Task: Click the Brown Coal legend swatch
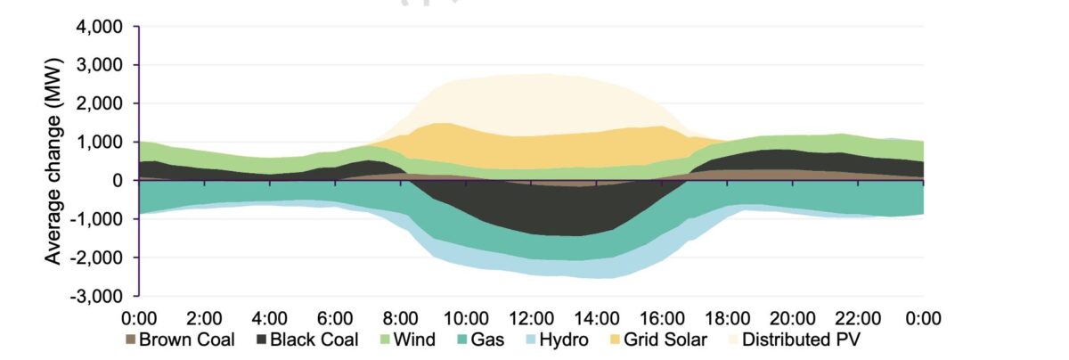pyautogui.click(x=130, y=340)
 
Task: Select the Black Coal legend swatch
pyautogui.click(x=262, y=340)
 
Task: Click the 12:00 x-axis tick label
pyautogui.click(x=531, y=317)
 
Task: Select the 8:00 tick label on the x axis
pyautogui.click(x=400, y=317)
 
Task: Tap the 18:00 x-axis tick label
pyautogui.click(x=727, y=317)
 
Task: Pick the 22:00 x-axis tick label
pyautogui.click(x=858, y=317)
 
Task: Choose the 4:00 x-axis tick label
pyautogui.click(x=269, y=317)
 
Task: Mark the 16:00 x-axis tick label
pyautogui.click(x=662, y=317)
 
